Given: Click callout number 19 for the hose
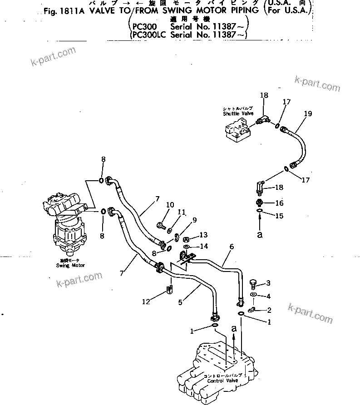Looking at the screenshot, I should click(308, 114).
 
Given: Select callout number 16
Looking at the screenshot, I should click(279, 203).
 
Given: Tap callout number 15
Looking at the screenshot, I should click(279, 216).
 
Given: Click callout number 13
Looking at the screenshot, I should click(203, 235).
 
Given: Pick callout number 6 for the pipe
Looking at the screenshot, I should click(232, 247).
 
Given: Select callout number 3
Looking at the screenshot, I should click(268, 283).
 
